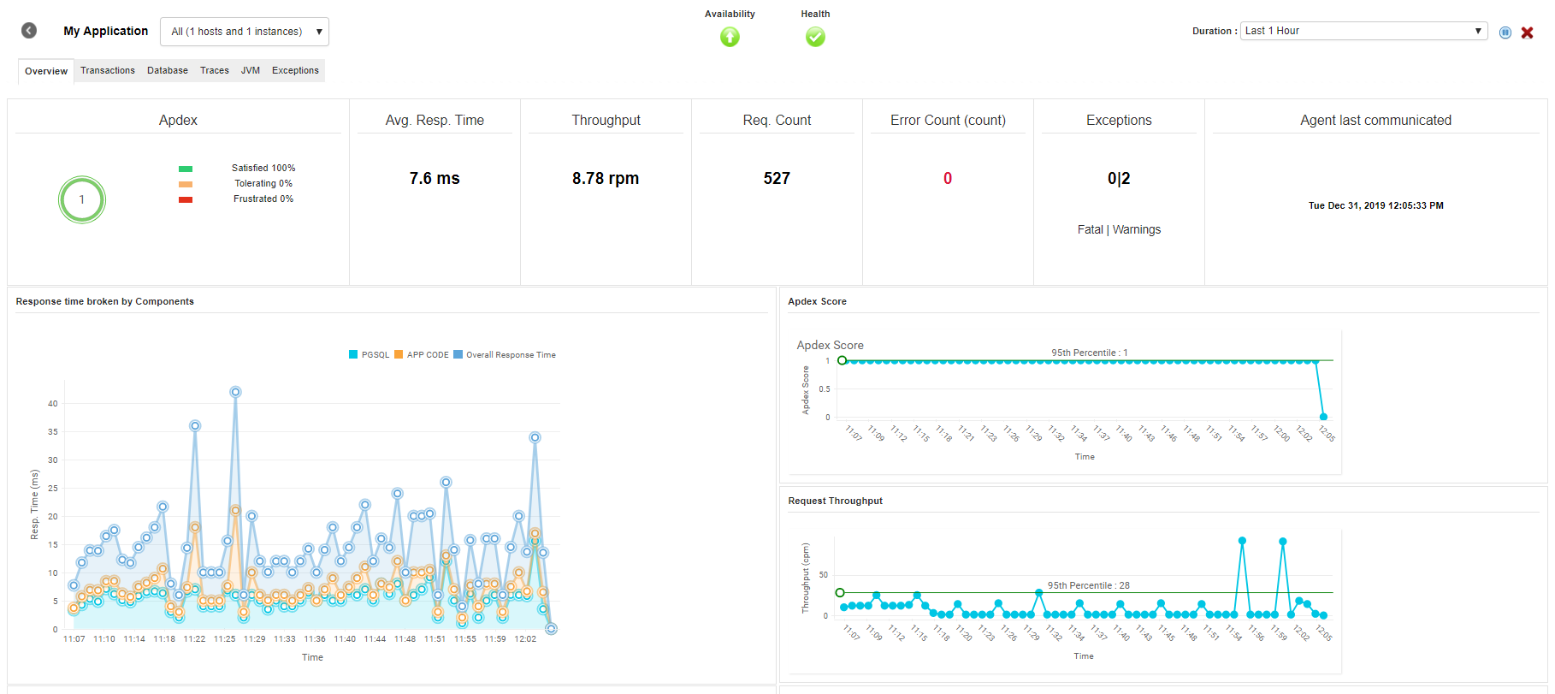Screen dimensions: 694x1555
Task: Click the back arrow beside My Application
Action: click(29, 31)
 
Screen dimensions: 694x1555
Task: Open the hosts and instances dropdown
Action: click(244, 32)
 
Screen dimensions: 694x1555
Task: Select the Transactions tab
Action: click(108, 70)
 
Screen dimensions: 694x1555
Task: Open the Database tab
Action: click(168, 70)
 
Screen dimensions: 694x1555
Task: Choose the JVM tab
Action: click(251, 70)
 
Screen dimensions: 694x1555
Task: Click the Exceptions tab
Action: click(295, 70)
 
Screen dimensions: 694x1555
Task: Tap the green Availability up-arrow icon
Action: click(730, 37)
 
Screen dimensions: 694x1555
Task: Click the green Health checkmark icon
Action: click(815, 37)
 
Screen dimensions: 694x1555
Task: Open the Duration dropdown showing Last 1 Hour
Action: click(1363, 31)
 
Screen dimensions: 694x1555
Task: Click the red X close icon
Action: click(1527, 33)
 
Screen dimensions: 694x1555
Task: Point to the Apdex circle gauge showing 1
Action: click(82, 199)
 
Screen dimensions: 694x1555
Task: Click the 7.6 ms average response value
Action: click(435, 178)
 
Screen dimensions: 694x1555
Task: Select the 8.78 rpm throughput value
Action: click(606, 178)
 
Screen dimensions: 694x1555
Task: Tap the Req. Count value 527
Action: click(777, 178)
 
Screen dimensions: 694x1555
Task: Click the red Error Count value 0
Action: click(948, 178)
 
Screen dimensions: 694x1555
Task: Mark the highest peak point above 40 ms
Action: click(235, 392)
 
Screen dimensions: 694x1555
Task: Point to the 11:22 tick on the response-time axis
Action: click(195, 639)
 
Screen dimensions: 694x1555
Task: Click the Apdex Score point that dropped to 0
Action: click(1323, 417)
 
